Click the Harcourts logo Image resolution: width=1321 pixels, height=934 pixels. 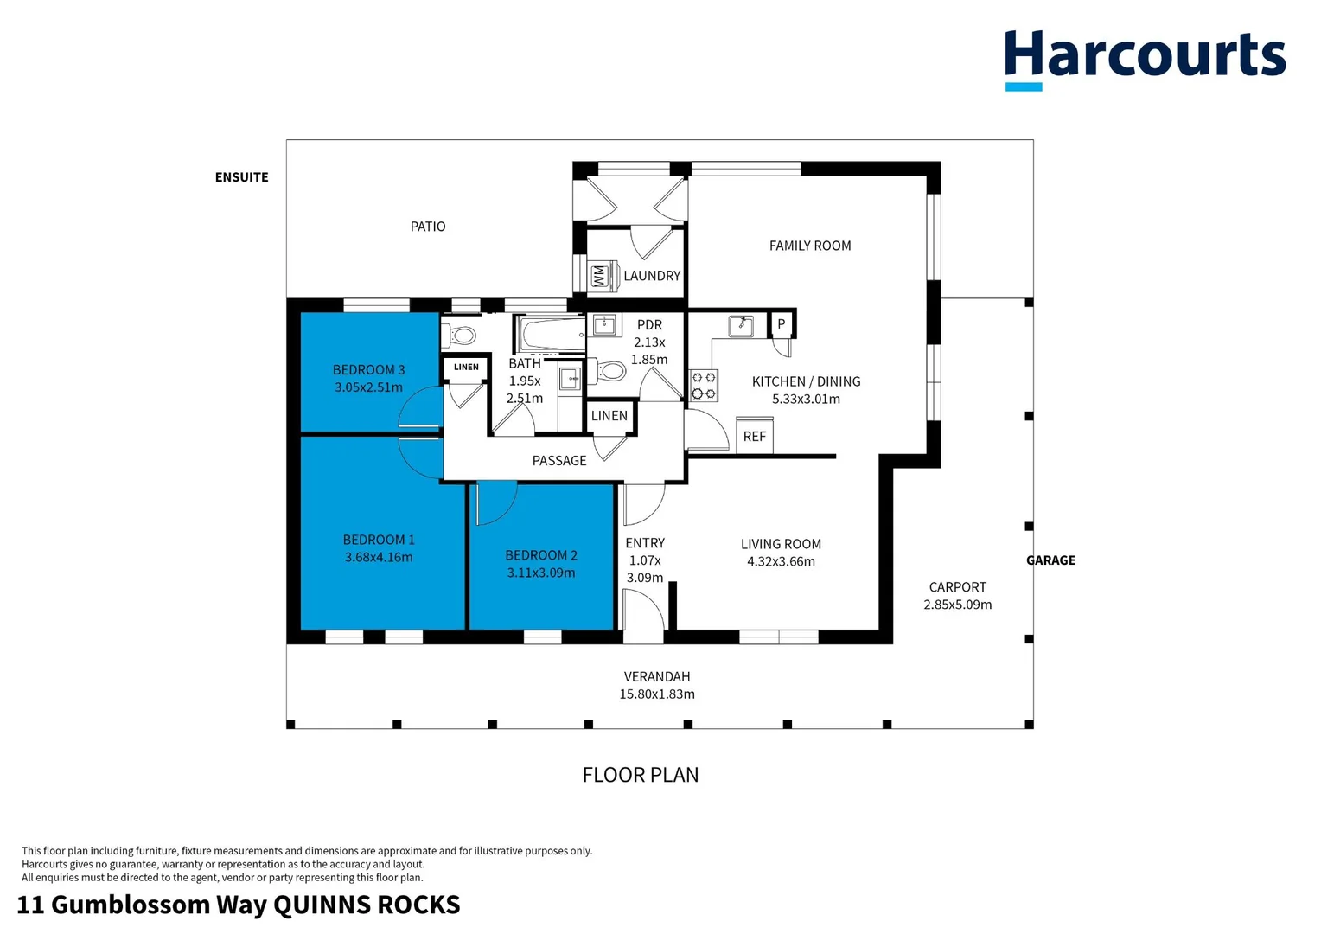pyautogui.click(x=1144, y=59)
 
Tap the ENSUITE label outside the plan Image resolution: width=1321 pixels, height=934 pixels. pyautogui.click(x=241, y=177)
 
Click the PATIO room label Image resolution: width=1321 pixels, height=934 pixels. pyautogui.click(x=428, y=227)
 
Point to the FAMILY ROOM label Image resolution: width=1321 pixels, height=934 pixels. pyautogui.click(x=810, y=246)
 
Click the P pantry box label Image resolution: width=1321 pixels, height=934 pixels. pyautogui.click(x=782, y=324)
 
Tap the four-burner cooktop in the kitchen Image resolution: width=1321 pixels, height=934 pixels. pyautogui.click(x=704, y=386)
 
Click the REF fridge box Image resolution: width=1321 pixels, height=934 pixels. pyautogui.click(x=754, y=436)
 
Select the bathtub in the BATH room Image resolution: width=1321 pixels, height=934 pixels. pyautogui.click(x=551, y=334)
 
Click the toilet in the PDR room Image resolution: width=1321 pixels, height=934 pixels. pyautogui.click(x=610, y=372)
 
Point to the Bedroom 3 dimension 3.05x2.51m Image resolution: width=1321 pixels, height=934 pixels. pyautogui.click(x=368, y=387)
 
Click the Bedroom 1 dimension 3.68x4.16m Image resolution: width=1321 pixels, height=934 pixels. pyautogui.click(x=379, y=557)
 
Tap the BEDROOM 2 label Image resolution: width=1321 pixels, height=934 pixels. pyautogui.click(x=541, y=555)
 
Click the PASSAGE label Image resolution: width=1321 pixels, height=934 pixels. pyautogui.click(x=559, y=461)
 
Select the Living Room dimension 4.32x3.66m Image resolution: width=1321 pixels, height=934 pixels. pyautogui.click(x=781, y=561)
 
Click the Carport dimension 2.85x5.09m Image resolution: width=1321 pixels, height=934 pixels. pyautogui.click(x=957, y=605)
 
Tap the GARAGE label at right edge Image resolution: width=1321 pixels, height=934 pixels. pyautogui.click(x=1050, y=560)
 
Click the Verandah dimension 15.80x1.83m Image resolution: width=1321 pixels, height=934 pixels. pyautogui.click(x=657, y=694)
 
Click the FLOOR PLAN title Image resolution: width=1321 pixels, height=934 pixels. pyautogui.click(x=640, y=775)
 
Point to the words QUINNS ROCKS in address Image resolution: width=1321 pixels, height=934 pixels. pyautogui.click(x=367, y=905)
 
